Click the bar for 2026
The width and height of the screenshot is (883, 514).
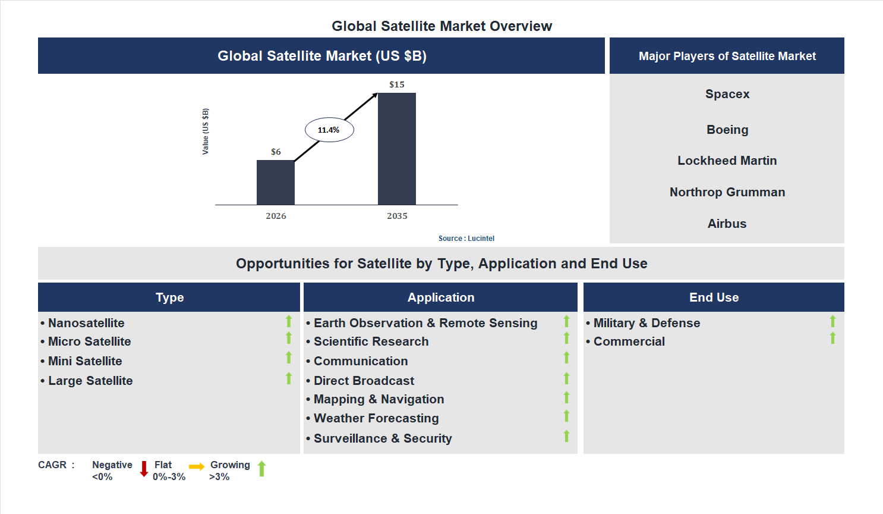point(275,183)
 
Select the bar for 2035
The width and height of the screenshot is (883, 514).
point(396,149)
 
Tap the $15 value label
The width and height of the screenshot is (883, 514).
point(396,84)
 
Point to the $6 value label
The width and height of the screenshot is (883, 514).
point(276,152)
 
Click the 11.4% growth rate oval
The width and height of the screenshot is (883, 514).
point(329,130)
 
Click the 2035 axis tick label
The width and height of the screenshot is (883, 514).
point(397,216)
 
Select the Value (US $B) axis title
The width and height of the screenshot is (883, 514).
point(206,131)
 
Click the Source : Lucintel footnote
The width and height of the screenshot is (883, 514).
point(466,239)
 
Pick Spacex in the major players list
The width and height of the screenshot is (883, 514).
point(727,94)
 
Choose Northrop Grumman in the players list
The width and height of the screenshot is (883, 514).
point(727,192)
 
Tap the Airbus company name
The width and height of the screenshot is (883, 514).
point(727,224)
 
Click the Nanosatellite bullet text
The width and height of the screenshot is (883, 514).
point(86,323)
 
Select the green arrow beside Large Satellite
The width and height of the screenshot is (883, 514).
point(289,378)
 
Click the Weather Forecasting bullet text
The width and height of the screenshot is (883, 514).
point(376,418)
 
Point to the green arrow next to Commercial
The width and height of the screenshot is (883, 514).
point(832,339)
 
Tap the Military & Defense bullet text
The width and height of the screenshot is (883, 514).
point(647,323)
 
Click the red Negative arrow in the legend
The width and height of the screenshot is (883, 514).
point(144,469)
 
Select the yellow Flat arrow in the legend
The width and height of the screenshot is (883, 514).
point(197,467)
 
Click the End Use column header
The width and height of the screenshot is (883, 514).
point(714,297)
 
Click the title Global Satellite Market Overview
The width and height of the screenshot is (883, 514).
point(441,26)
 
